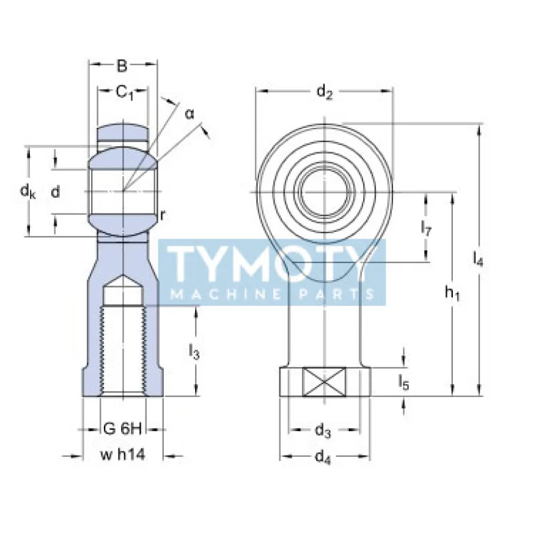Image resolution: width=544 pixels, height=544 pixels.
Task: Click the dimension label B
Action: coord(122,66)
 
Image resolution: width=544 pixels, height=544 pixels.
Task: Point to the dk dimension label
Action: coord(27,192)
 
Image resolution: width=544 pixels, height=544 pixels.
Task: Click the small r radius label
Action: coord(163,215)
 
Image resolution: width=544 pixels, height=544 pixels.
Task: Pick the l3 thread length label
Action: coord(194,352)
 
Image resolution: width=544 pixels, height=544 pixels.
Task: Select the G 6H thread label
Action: coord(122,428)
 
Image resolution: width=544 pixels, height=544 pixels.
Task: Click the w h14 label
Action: coord(123,455)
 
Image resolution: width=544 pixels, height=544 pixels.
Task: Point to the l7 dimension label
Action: coord(426,228)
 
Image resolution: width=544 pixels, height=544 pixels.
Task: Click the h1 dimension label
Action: coord(452,293)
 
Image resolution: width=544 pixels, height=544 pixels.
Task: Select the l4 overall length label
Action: coord(478,258)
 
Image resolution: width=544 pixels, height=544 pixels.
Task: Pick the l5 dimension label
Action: coord(404,383)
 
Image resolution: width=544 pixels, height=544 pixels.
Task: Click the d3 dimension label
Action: coord(324,431)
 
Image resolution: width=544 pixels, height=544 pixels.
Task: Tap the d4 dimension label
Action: coord(324,458)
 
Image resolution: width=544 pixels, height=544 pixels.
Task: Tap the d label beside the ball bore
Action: coord(56,192)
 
